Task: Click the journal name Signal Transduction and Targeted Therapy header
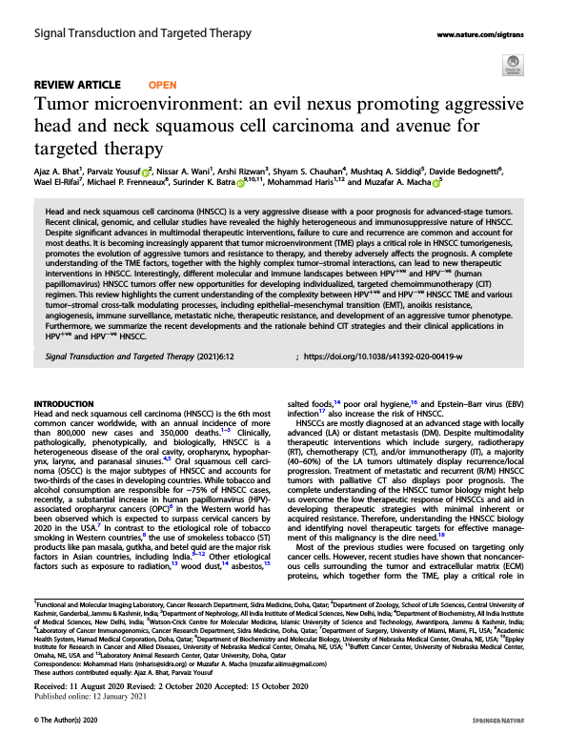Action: point(142,33)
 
